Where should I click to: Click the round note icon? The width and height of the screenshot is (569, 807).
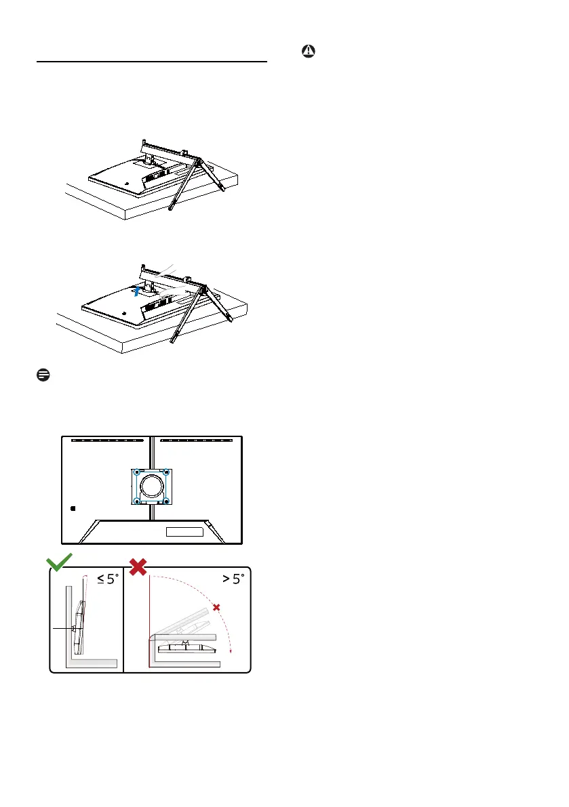(41, 375)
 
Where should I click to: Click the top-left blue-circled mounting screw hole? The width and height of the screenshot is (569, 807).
(136, 472)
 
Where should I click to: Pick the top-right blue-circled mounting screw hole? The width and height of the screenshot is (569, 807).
(166, 472)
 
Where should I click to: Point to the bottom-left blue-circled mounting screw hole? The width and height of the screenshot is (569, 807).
(136, 501)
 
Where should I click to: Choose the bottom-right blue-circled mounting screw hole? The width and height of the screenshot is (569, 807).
(166, 501)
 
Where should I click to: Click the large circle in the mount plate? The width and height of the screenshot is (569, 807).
(151, 486)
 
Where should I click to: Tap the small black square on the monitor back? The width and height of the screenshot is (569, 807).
(74, 507)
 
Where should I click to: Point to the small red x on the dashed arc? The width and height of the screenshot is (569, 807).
(216, 608)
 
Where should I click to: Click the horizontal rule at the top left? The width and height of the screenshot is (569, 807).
(151, 62)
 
